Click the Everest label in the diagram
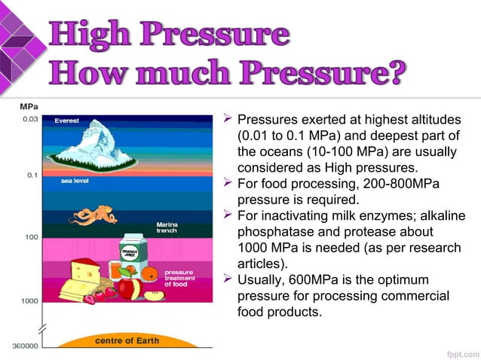(x=66, y=121)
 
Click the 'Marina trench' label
(x=167, y=228)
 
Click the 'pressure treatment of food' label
(x=179, y=278)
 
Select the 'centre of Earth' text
(x=127, y=341)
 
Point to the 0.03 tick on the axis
(x=31, y=118)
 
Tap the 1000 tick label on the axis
(x=29, y=301)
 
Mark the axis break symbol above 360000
(x=43, y=330)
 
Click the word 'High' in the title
(x=93, y=35)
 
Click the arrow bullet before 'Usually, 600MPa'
(x=227, y=279)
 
